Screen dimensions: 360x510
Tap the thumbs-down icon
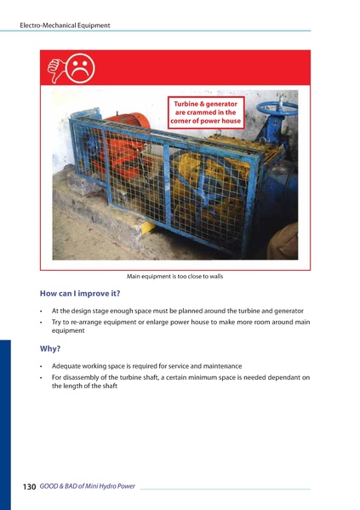pos(55,66)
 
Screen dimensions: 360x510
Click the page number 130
pos(29,487)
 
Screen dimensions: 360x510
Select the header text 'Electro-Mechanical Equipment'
pos(65,26)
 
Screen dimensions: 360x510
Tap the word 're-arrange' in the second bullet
pos(81,322)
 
